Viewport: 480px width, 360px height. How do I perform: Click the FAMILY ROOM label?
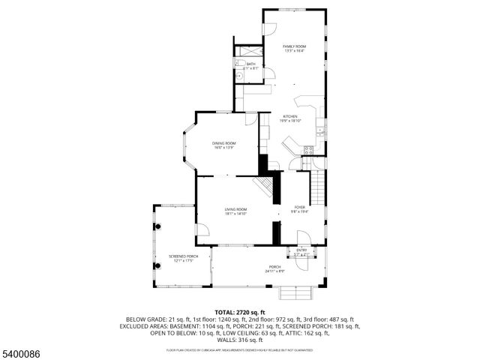294,46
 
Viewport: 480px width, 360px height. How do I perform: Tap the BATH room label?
250,64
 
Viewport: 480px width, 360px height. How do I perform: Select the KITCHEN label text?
289,116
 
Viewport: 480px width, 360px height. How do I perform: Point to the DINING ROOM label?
223,142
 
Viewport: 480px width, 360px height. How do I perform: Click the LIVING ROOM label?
235,209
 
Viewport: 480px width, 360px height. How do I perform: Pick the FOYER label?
299,207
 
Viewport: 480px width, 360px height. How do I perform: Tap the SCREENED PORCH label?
178,256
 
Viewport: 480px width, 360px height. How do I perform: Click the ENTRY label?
301,250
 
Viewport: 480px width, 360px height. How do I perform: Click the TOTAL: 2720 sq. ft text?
240,311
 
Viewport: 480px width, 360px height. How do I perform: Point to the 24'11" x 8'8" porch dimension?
275,271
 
